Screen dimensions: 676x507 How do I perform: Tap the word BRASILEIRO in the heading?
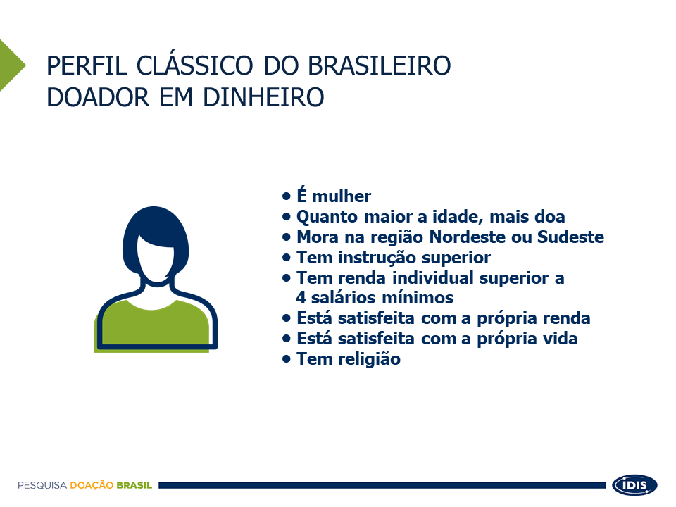tap(379, 66)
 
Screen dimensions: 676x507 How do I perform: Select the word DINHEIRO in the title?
tap(263, 97)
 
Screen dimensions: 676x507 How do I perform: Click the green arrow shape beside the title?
tap(12, 65)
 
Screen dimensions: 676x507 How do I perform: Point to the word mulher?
tap(341, 196)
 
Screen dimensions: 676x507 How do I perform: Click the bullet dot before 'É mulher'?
tap(287, 196)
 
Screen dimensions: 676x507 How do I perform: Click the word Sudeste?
tap(570, 237)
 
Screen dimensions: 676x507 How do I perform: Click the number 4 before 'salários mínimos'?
tap(301, 297)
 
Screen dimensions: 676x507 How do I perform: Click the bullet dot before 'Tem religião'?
tap(287, 358)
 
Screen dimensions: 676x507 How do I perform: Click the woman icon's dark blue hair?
tap(155, 224)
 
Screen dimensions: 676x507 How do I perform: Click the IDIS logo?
tap(634, 485)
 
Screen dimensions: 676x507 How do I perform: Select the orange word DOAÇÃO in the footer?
tap(92, 486)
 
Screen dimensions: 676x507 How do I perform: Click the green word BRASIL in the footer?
tap(134, 485)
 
